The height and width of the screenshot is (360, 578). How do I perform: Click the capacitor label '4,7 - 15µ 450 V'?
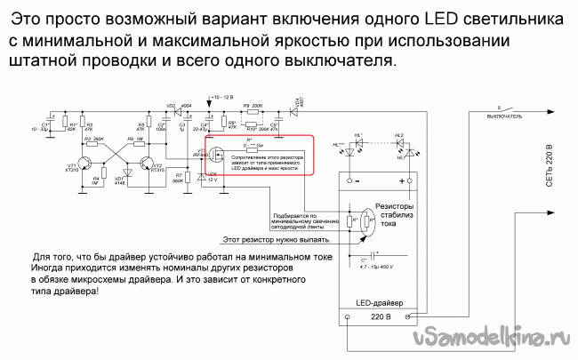(378, 264)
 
